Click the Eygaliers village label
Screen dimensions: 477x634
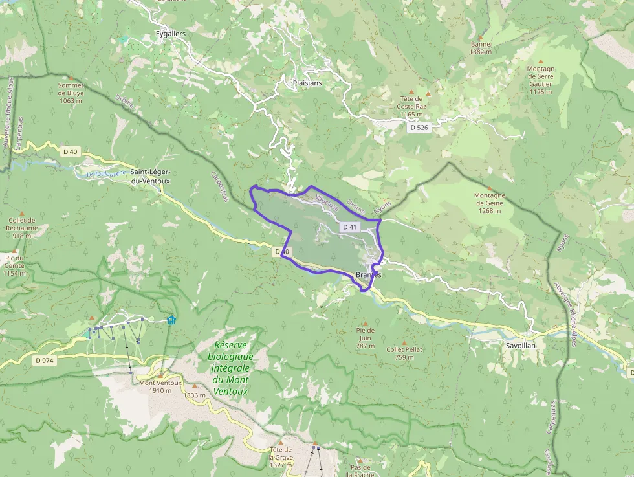170,33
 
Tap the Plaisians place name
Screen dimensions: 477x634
307,83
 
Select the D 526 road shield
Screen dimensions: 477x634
419,128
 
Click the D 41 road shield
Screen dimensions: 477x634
349,227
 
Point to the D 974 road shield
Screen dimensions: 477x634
45,361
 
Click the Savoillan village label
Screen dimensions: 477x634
522,346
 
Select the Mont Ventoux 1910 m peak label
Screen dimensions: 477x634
160,386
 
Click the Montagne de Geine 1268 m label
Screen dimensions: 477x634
490,203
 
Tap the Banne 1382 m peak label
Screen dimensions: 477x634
481,48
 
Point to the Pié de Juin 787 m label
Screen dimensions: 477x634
365,338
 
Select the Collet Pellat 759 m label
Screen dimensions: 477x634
404,353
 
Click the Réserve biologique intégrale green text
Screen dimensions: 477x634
231,368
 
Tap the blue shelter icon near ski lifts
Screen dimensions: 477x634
171,320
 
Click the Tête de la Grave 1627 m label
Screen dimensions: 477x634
281,457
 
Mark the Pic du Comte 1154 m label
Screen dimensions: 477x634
14,265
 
